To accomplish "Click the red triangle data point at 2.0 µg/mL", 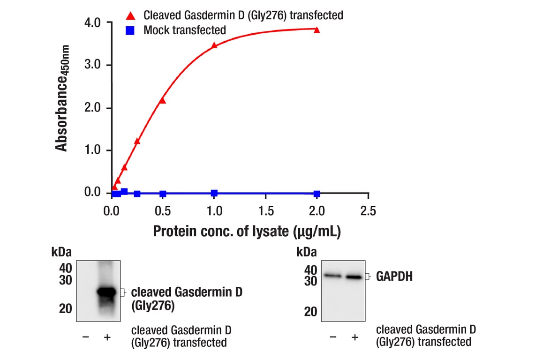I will coord(317,30).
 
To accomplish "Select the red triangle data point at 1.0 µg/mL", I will coord(214,45).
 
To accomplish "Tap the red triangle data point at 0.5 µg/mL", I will coord(163,100).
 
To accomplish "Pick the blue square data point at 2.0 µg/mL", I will coord(317,194).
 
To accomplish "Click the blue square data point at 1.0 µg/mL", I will coord(214,193).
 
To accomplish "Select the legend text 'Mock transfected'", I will coord(185,31).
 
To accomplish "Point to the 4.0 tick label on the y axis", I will coord(92,22).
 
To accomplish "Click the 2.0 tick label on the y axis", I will coord(92,108).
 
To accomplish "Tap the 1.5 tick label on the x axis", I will coord(265,211).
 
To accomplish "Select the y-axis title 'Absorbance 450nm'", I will coord(62,98).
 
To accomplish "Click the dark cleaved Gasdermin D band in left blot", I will coord(106,292).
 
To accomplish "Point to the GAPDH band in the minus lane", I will coord(332,276).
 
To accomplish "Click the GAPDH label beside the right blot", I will coord(394,277).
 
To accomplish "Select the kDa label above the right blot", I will coord(307,253).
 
